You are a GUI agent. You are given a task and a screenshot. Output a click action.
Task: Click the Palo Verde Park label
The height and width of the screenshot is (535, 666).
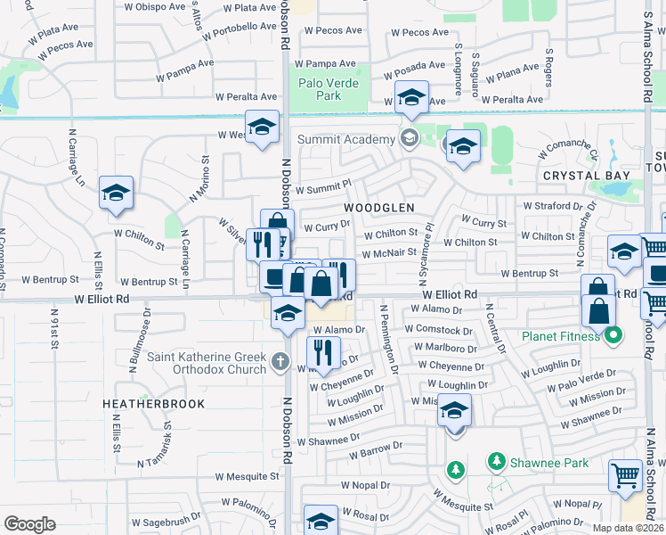click(x=329, y=89)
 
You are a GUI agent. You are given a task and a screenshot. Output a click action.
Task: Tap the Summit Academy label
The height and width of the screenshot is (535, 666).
click(x=358, y=139)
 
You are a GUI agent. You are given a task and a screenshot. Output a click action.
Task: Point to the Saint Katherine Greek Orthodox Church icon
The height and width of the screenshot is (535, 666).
click(x=280, y=360)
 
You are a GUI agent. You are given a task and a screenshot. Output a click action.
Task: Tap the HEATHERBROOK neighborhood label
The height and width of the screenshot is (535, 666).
click(x=153, y=404)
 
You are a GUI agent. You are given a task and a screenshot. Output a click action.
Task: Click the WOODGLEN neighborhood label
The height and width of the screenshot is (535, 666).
click(x=379, y=207)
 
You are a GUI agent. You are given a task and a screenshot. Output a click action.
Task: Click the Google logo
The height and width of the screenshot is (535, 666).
click(x=29, y=523)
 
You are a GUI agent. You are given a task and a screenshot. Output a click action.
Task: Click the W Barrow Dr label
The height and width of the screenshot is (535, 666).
click(x=370, y=454)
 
